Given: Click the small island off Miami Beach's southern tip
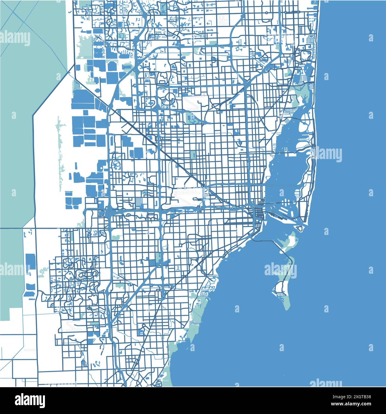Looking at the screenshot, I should point(300,228).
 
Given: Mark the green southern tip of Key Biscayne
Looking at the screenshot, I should point(286,304).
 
